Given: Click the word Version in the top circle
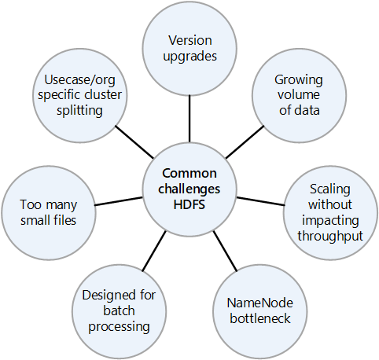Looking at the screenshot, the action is tap(190, 41).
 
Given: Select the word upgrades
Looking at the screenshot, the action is tap(190, 57).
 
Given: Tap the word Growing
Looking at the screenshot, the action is tap(299, 80).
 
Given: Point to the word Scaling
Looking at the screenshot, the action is tap(330, 189).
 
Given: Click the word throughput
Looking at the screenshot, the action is tap(330, 236).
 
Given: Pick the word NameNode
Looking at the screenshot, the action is tap(259, 303).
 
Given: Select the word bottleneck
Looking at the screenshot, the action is tap(260, 318).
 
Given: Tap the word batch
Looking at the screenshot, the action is tap(119, 310).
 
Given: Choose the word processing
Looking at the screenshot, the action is tap(119, 327).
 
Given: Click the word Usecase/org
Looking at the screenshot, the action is tap(79, 80).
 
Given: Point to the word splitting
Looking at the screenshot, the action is tap(79, 111).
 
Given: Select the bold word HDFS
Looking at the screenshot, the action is tap(189, 204).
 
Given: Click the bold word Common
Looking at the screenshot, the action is tap(189, 174).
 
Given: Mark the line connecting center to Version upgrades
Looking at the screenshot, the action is tap(189, 119).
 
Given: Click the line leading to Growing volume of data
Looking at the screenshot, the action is tap(245, 142).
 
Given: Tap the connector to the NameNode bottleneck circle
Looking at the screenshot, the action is tap(225, 252).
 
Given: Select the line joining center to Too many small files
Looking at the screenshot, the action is tap(119, 201).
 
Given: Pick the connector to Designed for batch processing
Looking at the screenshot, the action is tap(154, 251).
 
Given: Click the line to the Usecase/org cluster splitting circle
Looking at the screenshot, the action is tap(134, 142).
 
